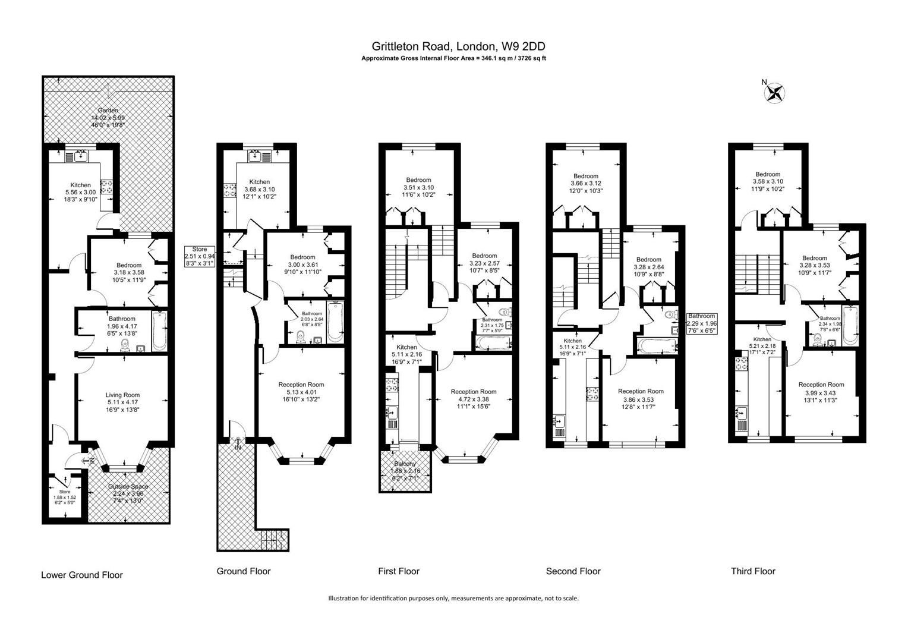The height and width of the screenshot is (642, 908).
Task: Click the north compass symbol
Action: [x=775, y=92]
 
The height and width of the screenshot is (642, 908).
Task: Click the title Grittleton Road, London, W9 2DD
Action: [x=458, y=46]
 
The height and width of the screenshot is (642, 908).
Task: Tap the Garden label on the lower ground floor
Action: [x=108, y=111]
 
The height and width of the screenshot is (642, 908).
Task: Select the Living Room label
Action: [x=123, y=395]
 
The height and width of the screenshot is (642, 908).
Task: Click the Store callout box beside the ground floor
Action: [x=200, y=256]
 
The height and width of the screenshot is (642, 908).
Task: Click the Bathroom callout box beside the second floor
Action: [x=702, y=323]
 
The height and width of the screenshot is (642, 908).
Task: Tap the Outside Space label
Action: [x=128, y=487]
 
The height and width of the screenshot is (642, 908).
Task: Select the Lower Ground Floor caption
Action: [x=82, y=575]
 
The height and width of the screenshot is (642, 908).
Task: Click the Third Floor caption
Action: [x=753, y=571]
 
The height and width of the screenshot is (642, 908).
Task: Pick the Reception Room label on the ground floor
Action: [x=301, y=385]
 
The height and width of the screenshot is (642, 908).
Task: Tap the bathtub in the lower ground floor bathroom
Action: [x=159, y=331]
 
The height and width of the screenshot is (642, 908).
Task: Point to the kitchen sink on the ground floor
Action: [x=256, y=157]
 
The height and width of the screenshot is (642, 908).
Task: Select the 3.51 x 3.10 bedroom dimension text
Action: [x=418, y=187]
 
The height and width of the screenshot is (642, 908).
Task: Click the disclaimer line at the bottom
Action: [x=453, y=598]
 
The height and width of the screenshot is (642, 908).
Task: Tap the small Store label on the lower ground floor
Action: [x=65, y=492]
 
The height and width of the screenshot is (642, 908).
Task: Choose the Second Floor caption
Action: [x=573, y=571]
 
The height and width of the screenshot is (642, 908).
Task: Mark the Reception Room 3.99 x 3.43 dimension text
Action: [x=821, y=393]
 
